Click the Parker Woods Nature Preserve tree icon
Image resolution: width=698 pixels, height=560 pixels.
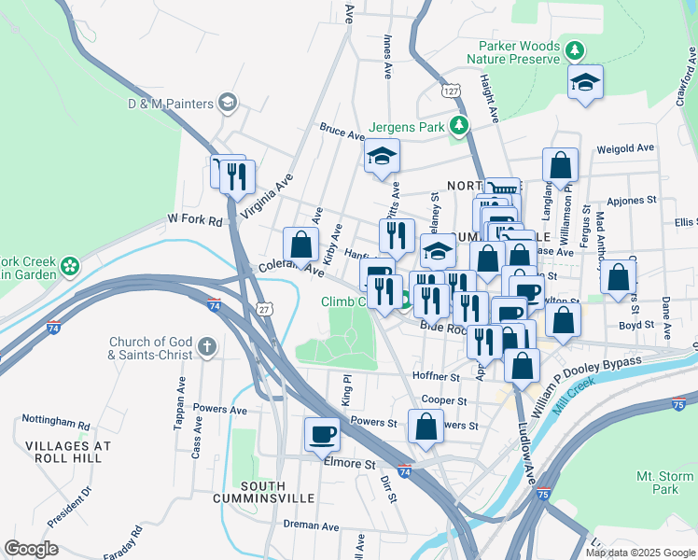click(x=577, y=49)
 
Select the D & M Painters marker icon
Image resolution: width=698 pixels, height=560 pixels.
click(x=227, y=103)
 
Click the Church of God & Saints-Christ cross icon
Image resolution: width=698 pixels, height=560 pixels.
click(x=207, y=347)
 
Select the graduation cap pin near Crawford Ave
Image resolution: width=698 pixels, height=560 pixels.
click(x=585, y=82)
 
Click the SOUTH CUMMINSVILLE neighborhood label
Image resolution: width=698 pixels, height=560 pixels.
click(x=275, y=494)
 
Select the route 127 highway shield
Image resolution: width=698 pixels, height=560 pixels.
click(x=452, y=91)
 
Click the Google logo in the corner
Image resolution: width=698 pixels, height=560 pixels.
click(x=31, y=549)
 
